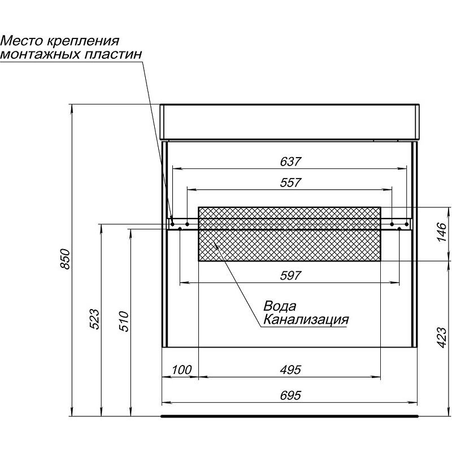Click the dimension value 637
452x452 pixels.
[290, 162]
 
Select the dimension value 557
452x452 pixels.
[290, 182]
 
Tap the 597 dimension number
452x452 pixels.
[290, 276]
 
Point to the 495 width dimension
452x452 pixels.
[290, 370]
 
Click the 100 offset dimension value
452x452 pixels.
[181, 370]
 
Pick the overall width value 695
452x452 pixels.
[290, 395]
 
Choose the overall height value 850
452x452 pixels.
[66, 259]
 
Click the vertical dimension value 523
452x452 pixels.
[94, 319]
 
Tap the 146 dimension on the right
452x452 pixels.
[442, 232]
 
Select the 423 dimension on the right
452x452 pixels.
[442, 337]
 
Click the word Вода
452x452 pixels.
[280, 306]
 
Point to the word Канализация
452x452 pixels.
[306, 319]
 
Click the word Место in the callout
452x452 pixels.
[21, 41]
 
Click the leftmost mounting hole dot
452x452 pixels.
[172, 224]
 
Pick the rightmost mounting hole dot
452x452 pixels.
[407, 224]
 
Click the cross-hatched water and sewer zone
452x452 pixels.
[289, 234]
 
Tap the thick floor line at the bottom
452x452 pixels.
[289, 416]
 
